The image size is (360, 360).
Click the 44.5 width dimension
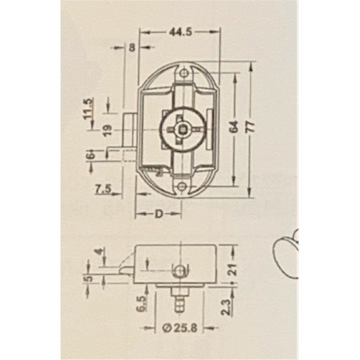[181, 31]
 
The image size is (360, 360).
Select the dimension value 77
[250, 127]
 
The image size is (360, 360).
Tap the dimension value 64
[234, 127]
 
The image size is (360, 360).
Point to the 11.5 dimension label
[88, 108]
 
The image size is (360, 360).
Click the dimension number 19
[108, 130]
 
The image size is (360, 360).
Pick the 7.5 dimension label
[103, 189]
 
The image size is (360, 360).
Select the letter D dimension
[158, 214]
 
